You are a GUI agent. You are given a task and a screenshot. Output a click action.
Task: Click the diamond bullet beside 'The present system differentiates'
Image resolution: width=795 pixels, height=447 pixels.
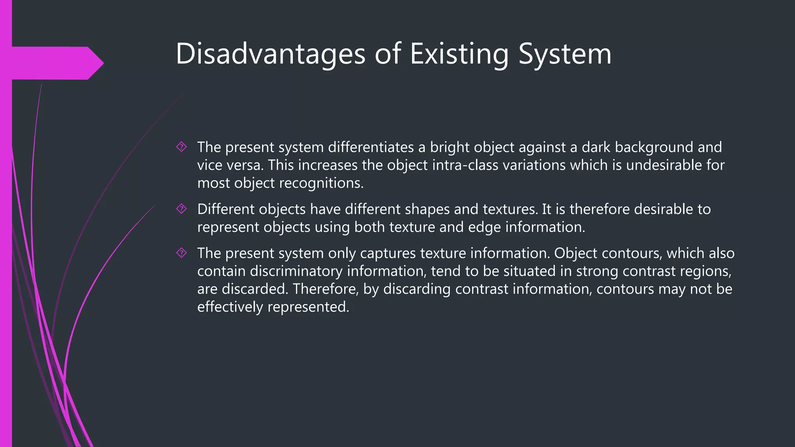[x=181, y=147]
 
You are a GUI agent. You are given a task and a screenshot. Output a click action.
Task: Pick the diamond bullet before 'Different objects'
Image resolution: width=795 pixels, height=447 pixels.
[x=181, y=209]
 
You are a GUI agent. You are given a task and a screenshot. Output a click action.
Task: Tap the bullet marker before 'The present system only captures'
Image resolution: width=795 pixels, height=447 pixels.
[x=181, y=253]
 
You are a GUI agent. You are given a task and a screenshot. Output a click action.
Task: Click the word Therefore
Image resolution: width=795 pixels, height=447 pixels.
[x=325, y=289]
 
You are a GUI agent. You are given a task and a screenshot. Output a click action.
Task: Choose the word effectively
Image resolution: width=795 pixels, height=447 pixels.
[x=230, y=307]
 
